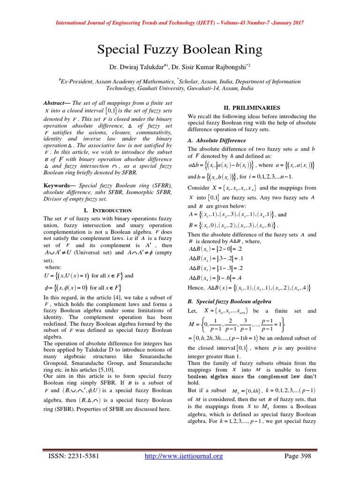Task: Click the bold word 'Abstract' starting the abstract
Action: click(55, 103)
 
